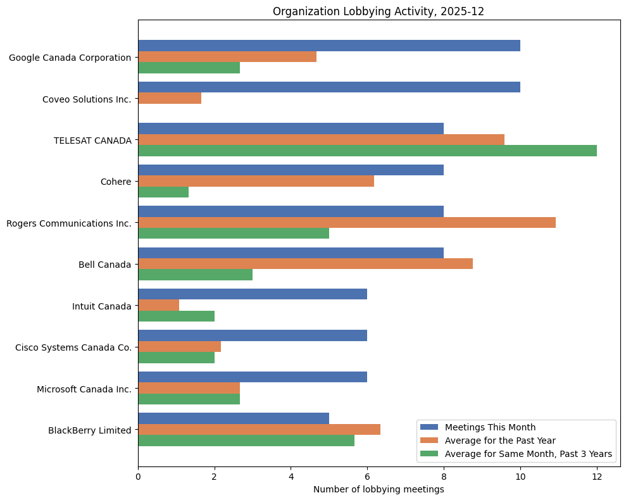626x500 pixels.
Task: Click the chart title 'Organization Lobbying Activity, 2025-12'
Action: [379, 11]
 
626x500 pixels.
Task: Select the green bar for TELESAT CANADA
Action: [367, 151]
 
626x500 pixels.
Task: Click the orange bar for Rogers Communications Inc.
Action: [347, 222]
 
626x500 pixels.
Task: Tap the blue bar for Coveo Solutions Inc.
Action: [329, 87]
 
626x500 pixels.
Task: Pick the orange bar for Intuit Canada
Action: [158, 305]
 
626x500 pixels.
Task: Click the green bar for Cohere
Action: [163, 192]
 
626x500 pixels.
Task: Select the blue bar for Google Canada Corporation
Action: [329, 46]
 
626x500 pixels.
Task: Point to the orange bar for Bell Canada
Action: [305, 264]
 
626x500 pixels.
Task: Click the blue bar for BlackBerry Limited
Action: [234, 418]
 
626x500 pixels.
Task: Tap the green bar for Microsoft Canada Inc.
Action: [189, 399]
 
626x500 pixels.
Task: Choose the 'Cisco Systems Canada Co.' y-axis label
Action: [73, 347]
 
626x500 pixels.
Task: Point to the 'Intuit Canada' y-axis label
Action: [102, 306]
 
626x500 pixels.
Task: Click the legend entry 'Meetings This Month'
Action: [490, 427]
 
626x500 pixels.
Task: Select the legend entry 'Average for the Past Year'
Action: [499, 440]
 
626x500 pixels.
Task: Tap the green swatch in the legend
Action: [429, 453]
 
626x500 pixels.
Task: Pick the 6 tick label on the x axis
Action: [367, 475]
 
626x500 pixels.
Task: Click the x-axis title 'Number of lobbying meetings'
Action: [379, 489]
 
